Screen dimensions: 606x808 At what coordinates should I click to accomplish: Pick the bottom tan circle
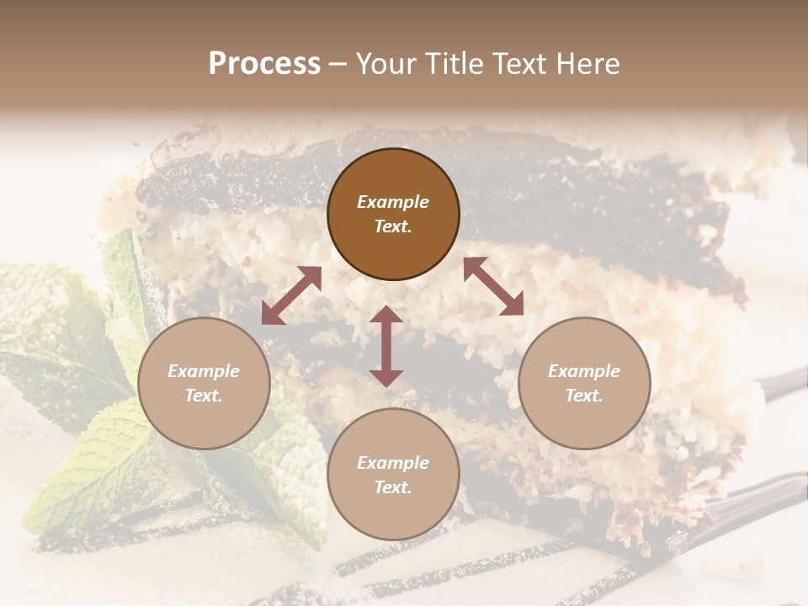pyautogui.click(x=393, y=513)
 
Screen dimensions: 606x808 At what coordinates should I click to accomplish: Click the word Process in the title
pyautogui.click(x=264, y=64)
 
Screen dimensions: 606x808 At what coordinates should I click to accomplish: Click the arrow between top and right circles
pyautogui.click(x=493, y=286)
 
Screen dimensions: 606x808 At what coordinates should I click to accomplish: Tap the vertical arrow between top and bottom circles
pyautogui.click(x=386, y=346)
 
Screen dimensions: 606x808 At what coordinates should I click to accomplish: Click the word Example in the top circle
pyautogui.click(x=393, y=202)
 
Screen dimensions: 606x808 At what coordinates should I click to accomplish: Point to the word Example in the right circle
pyautogui.click(x=584, y=371)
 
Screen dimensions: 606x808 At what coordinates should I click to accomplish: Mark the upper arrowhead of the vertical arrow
pyautogui.click(x=386, y=314)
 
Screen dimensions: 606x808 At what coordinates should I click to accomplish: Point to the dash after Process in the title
pyautogui.click(x=338, y=65)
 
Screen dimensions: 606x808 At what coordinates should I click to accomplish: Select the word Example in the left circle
pyautogui.click(x=204, y=371)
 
